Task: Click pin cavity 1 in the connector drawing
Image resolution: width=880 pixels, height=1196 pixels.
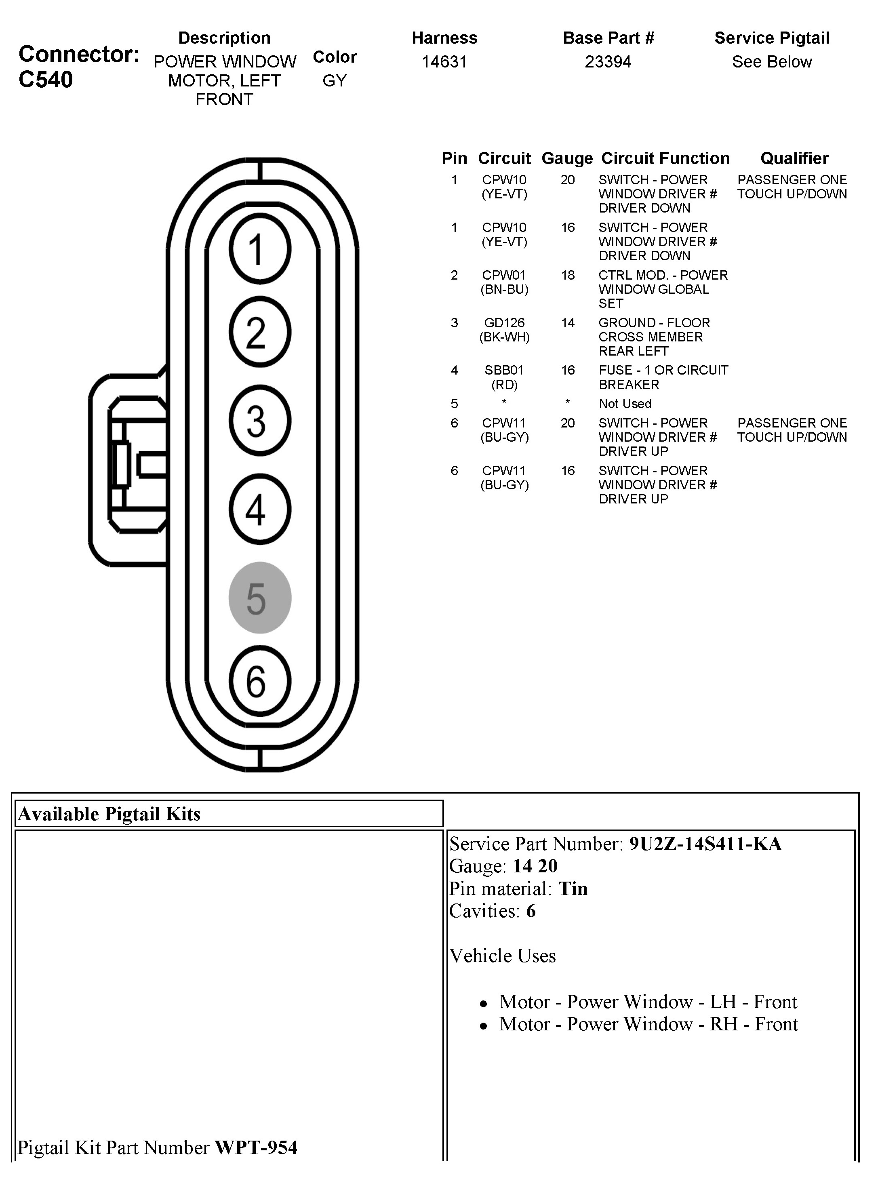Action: [260, 249]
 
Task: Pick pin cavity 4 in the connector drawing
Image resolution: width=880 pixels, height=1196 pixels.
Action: [260, 509]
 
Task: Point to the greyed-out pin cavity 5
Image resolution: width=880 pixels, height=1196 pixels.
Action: [260, 598]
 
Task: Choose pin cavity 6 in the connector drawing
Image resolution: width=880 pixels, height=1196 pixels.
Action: [260, 681]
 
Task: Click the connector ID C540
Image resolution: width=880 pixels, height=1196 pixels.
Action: [46, 80]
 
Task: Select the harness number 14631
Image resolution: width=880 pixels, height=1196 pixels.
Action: [444, 62]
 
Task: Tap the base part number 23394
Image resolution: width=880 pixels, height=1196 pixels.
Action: [608, 62]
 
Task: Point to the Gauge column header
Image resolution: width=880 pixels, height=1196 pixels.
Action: [567, 158]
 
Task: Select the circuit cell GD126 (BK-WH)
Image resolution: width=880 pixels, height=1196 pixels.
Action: [505, 330]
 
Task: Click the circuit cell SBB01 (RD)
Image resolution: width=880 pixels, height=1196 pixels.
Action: [505, 377]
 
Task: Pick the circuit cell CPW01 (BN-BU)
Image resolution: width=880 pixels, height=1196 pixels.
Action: [505, 282]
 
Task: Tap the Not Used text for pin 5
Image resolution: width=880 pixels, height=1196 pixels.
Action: [625, 404]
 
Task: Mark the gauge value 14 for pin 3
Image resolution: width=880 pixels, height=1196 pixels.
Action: [567, 323]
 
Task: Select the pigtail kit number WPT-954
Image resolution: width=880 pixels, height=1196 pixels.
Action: [256, 1148]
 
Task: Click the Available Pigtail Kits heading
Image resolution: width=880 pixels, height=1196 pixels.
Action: [109, 814]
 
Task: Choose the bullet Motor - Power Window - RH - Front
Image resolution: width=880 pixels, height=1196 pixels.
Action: [648, 1024]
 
